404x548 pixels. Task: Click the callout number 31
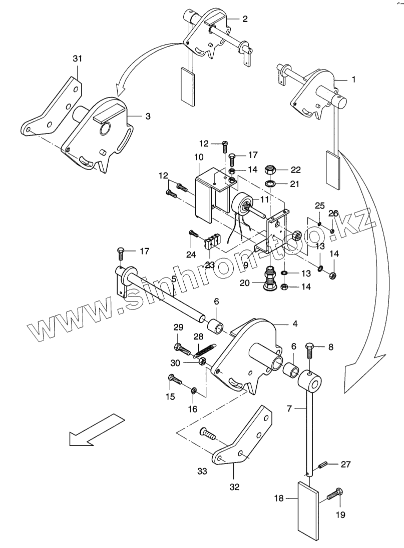tap(77, 58)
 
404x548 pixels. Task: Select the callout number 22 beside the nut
tap(295, 170)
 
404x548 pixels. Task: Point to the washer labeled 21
tap(270, 184)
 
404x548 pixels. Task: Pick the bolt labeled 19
tap(335, 493)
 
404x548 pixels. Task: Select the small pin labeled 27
tap(323, 465)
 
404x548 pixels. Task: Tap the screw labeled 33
tap(208, 434)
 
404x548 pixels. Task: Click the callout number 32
tap(234, 486)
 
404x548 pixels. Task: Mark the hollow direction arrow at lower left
tap(97, 429)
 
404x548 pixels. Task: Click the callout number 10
tap(199, 157)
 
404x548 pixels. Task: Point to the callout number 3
tap(148, 116)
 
